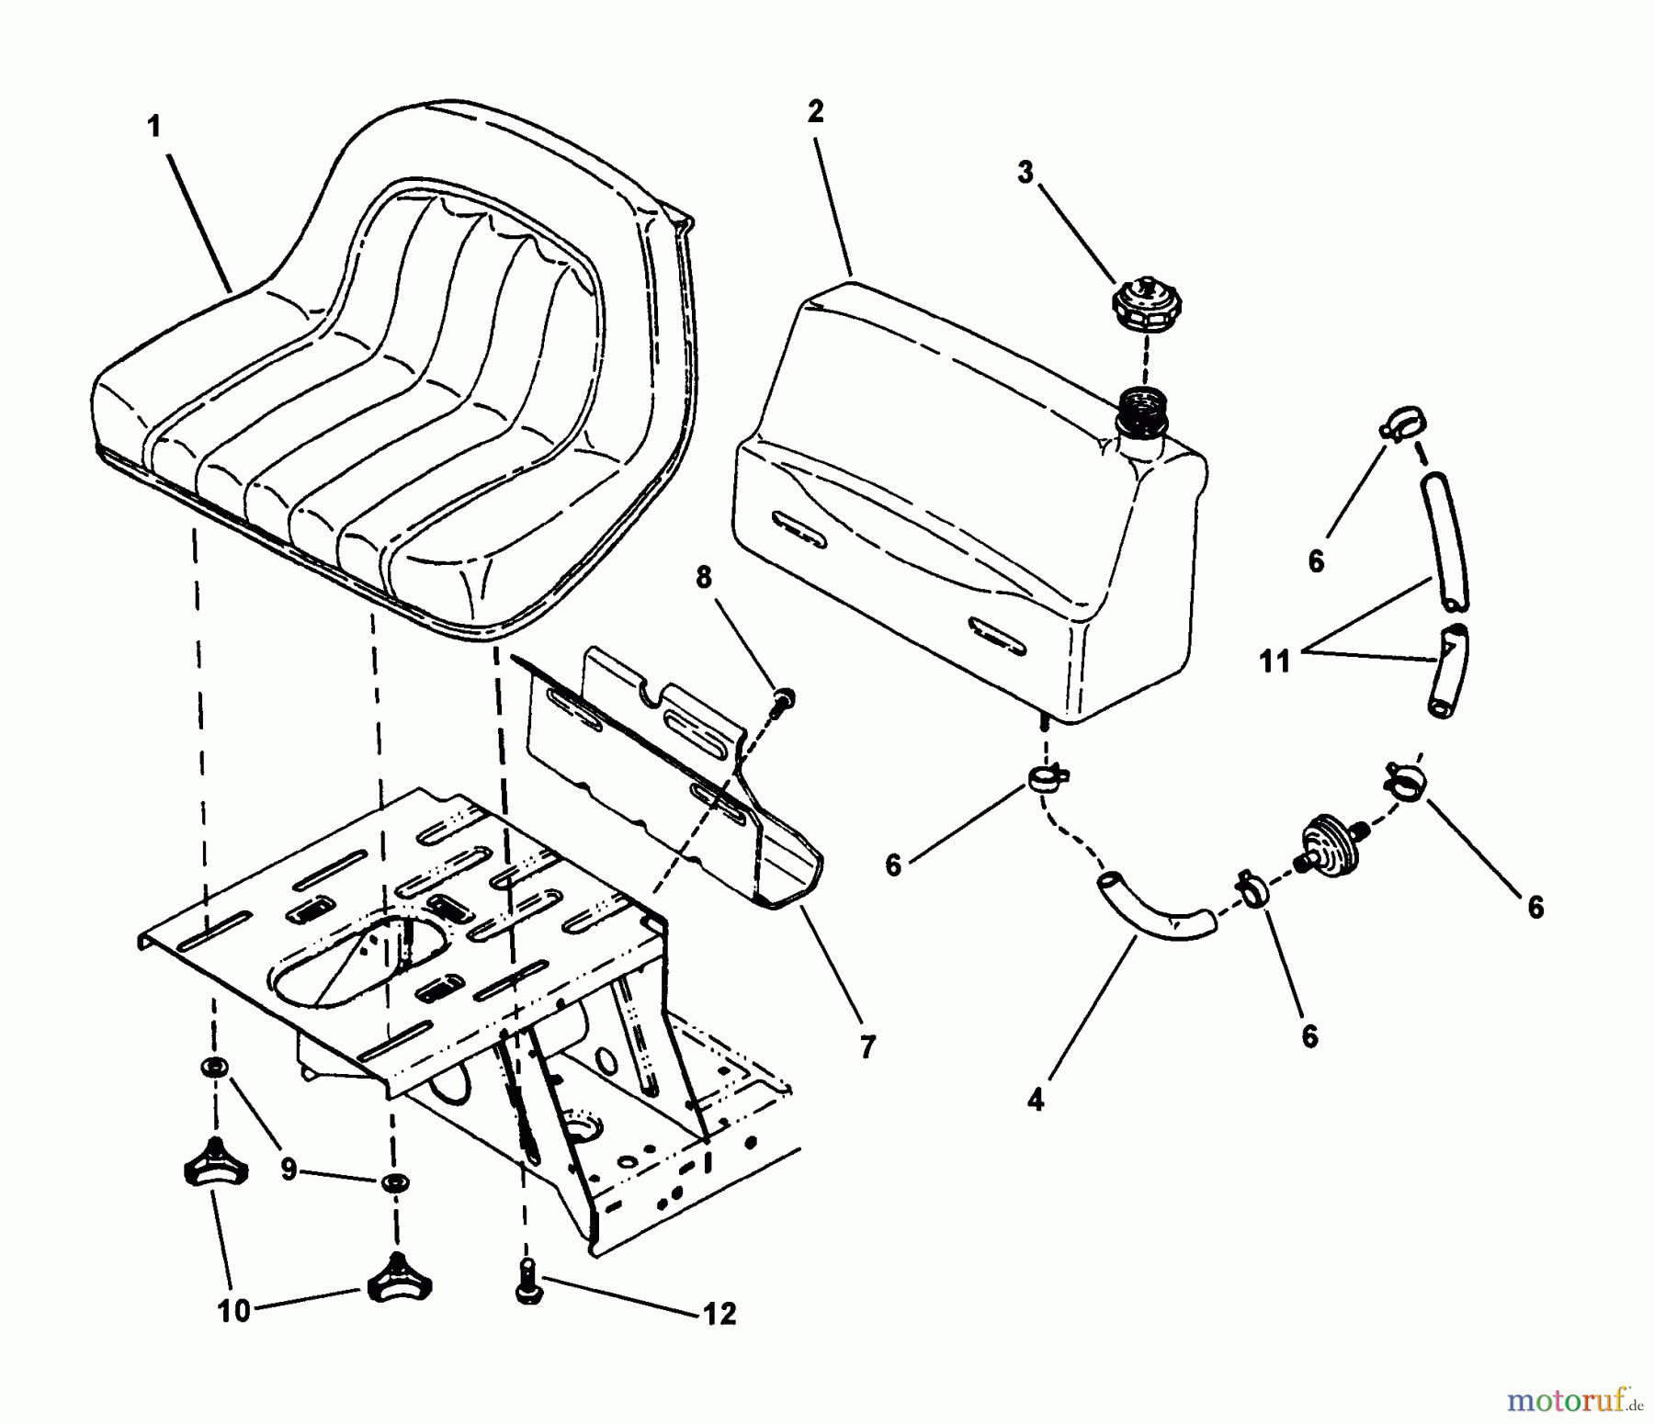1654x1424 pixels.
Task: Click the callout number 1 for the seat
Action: [154, 127]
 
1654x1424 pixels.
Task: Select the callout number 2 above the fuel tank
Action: [815, 112]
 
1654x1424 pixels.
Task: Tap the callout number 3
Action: [1025, 172]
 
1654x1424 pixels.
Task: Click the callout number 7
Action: [868, 1046]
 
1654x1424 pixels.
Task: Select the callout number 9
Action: [289, 1170]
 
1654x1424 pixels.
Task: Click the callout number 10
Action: [233, 1312]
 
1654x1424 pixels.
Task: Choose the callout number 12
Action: [720, 1315]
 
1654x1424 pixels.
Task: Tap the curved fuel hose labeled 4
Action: [1154, 910]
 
